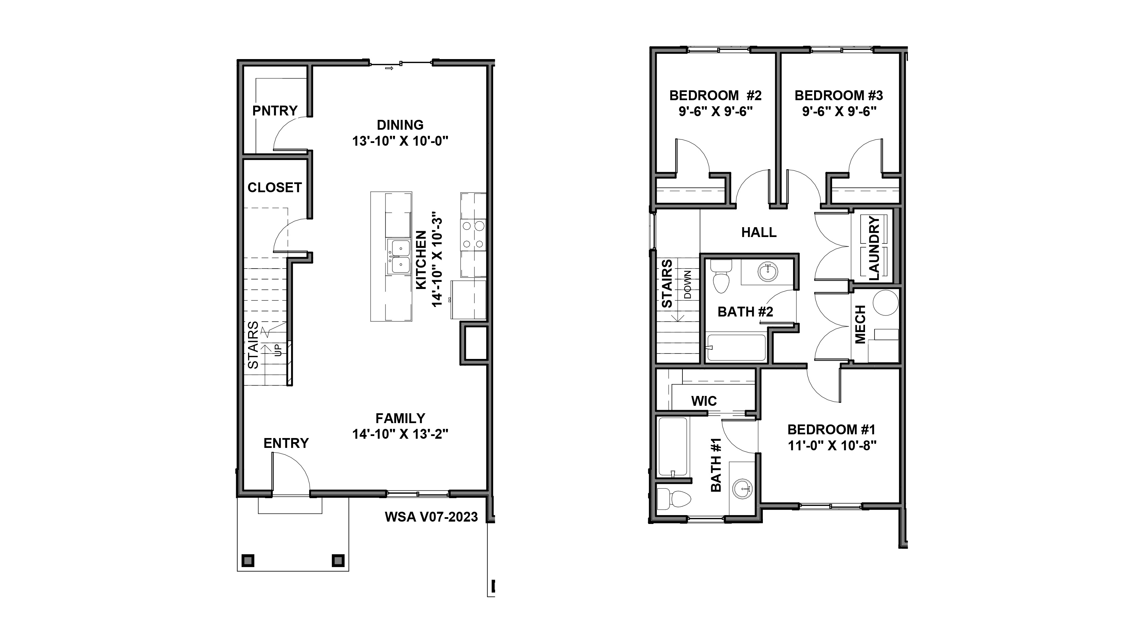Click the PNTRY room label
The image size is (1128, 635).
[275, 111]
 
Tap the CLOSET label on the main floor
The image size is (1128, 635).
[275, 187]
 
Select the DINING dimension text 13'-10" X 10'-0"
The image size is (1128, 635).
[400, 141]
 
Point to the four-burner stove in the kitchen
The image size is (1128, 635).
[473, 235]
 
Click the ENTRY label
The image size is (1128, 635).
[286, 443]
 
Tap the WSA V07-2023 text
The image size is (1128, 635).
[431, 517]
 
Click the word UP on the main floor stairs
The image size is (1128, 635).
[278, 350]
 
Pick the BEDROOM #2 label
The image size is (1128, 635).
[715, 95]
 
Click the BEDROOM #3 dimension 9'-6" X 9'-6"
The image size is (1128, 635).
[839, 112]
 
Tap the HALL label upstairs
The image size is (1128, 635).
[758, 232]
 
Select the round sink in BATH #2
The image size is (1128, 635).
[767, 272]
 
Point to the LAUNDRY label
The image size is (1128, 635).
[873, 248]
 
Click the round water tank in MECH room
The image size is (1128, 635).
[885, 302]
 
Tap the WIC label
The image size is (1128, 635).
[704, 401]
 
